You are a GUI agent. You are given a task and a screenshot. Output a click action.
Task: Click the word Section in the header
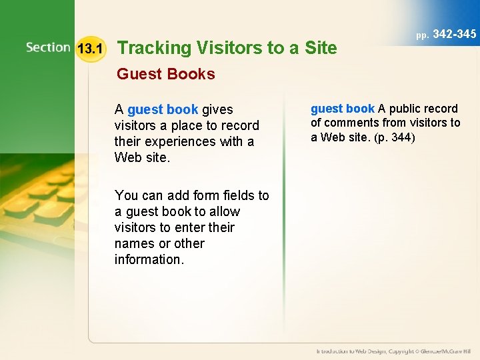click(x=48, y=47)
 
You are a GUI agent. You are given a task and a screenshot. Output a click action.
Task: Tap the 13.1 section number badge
click(x=89, y=49)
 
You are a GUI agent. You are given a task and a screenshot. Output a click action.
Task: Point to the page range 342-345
click(x=455, y=34)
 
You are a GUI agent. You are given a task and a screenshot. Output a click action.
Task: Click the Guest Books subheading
click(x=166, y=74)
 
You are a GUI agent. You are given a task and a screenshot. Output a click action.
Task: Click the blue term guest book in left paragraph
click(x=163, y=109)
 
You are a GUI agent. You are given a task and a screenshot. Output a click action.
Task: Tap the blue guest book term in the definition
click(x=343, y=109)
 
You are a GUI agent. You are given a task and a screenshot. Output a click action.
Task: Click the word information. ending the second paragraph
click(x=149, y=259)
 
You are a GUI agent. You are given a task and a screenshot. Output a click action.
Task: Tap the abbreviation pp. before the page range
click(x=423, y=35)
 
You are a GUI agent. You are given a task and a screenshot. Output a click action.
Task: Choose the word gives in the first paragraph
click(x=217, y=109)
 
